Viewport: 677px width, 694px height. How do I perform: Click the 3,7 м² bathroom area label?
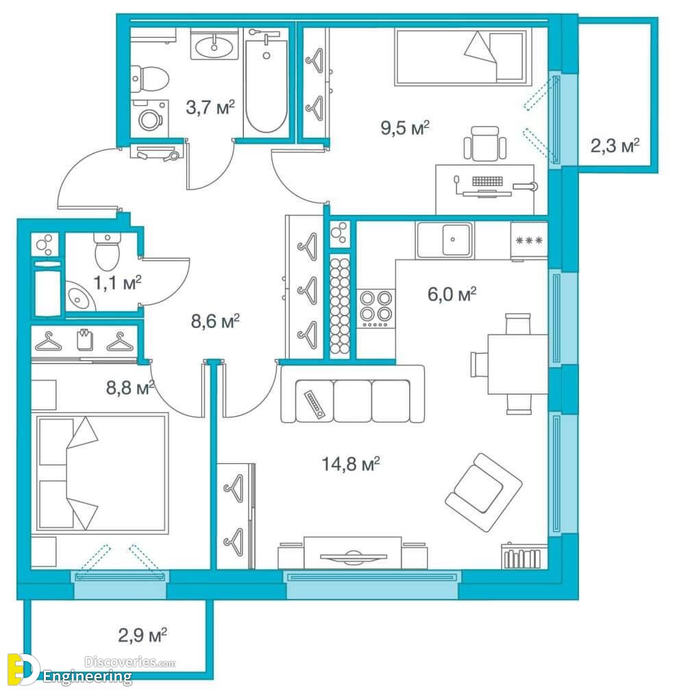pyautogui.click(x=210, y=107)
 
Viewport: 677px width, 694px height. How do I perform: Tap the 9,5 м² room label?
pyautogui.click(x=405, y=128)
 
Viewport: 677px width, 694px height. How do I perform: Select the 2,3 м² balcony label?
pyautogui.click(x=615, y=145)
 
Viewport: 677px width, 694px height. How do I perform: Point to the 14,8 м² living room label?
pyautogui.click(x=350, y=464)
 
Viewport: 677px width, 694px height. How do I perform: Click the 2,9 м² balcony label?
pyautogui.click(x=143, y=635)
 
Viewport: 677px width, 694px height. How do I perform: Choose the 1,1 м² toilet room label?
pyautogui.click(x=117, y=283)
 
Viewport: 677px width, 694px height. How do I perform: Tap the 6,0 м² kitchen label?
pyautogui.click(x=452, y=294)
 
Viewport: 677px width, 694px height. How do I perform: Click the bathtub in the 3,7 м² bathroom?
pyautogui.click(x=266, y=83)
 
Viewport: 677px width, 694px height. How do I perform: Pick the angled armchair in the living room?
pyautogui.click(x=483, y=492)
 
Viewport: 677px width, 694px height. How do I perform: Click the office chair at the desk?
pyautogui.click(x=484, y=144)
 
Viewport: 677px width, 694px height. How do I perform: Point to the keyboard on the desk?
pyautogui.click(x=487, y=181)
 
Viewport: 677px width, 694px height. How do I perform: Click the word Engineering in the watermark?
pyautogui.click(x=87, y=676)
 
